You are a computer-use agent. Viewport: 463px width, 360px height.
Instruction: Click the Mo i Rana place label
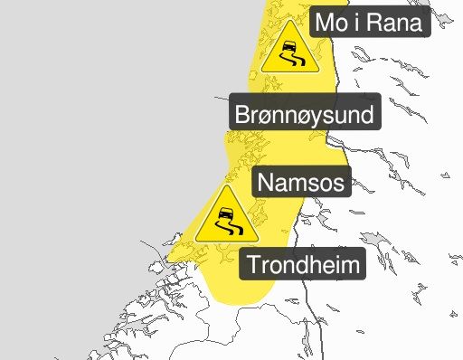tap(368, 23)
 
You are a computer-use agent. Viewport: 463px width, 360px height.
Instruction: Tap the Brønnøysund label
tap(303, 115)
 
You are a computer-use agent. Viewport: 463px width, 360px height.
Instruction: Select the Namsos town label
tap(300, 182)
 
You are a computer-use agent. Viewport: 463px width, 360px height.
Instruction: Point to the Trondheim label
tap(302, 266)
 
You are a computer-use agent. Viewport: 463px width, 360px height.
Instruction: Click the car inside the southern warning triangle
tap(224, 215)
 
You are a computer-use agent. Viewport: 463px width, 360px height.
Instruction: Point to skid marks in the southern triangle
tap(225, 232)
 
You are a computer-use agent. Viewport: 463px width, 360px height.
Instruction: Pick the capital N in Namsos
tap(266, 182)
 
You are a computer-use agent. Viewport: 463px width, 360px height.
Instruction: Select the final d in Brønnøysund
tap(365, 115)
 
